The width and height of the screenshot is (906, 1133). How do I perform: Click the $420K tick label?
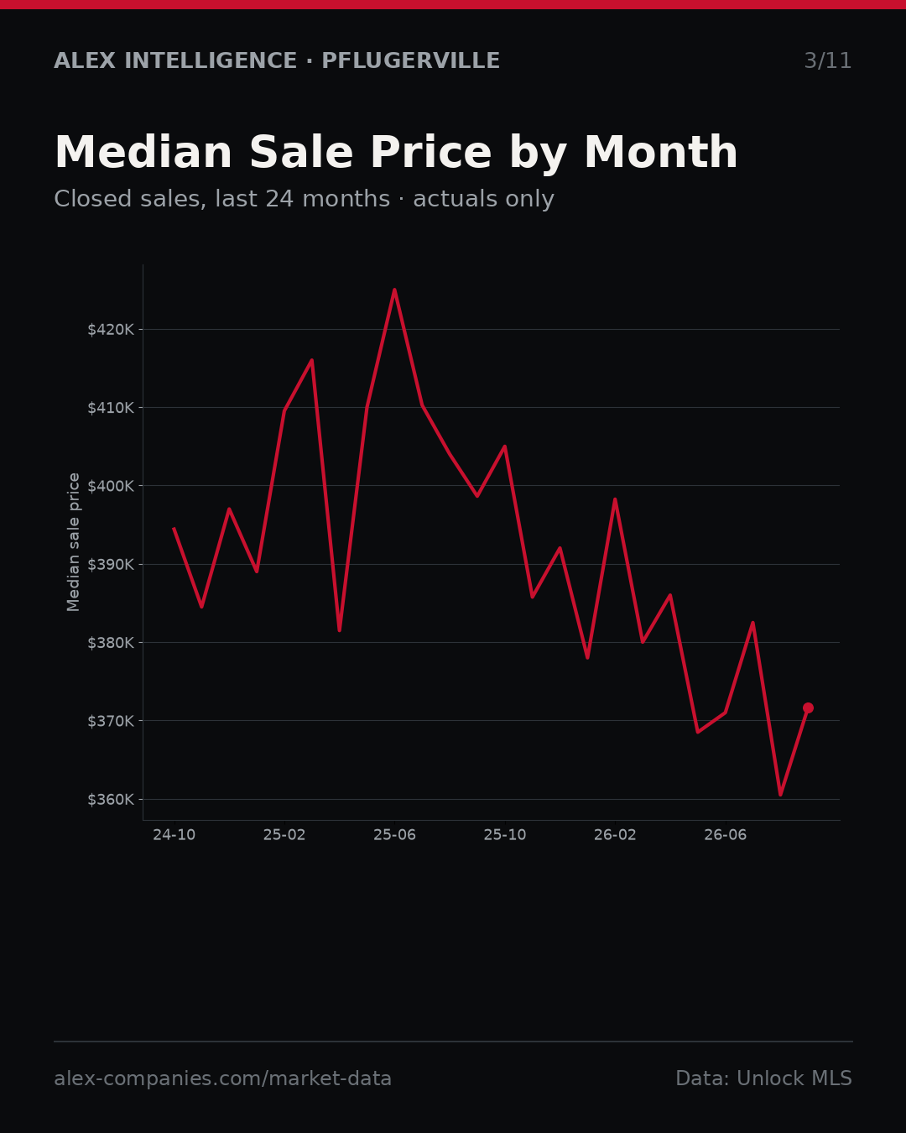coord(111,330)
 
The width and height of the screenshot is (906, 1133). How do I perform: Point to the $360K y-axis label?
coord(111,800)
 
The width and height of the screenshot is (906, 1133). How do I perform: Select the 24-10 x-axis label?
coord(174,835)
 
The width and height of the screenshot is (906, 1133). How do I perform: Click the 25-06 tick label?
coord(395,835)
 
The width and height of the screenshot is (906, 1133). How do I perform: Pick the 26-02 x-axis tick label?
coord(615,835)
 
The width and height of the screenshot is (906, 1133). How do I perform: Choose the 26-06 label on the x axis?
coord(726,835)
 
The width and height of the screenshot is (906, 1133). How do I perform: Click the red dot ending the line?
coord(808,708)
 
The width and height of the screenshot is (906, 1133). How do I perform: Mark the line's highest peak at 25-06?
coord(395,290)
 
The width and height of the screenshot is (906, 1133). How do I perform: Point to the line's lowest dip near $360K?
coord(780,795)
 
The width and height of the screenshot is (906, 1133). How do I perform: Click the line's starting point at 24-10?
coord(174,528)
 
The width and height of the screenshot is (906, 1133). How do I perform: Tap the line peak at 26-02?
coord(615,499)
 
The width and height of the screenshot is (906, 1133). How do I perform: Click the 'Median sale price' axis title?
coord(74,542)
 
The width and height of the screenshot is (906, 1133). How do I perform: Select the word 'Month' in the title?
coord(661,153)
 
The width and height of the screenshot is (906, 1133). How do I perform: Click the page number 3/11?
coord(828,61)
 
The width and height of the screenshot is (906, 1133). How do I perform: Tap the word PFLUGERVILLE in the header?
coord(410,61)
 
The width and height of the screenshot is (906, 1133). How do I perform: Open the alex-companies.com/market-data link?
coord(222,1078)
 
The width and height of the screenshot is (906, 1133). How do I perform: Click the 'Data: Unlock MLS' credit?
coord(764,1078)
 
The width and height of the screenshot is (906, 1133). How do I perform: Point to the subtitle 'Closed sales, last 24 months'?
coord(221,199)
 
